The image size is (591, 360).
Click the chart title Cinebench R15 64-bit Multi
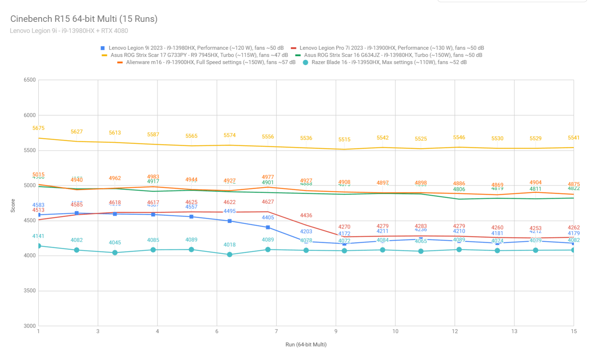click(84, 19)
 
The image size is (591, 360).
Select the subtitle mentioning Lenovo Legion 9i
click(69, 31)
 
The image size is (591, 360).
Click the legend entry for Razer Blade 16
click(389, 62)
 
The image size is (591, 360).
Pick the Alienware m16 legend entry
click(211, 62)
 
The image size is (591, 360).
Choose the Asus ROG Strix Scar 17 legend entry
click(199, 55)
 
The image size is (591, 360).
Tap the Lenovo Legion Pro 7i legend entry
click(391, 48)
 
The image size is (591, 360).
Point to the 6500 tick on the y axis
click(30, 80)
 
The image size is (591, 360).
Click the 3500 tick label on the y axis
click(30, 291)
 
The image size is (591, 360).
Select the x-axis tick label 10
click(395, 331)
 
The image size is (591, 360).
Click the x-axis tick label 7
click(276, 331)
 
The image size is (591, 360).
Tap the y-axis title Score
click(13, 206)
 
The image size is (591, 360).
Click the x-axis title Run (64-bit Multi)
click(306, 345)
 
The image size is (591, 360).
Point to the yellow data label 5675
click(38, 128)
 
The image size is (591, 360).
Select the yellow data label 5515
click(344, 139)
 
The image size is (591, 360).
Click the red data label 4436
click(306, 215)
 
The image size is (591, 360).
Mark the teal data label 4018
click(230, 245)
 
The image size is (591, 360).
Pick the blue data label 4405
click(268, 217)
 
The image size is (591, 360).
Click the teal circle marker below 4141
click(39, 246)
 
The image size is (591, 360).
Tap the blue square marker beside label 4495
click(230, 221)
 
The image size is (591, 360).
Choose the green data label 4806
click(459, 189)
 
